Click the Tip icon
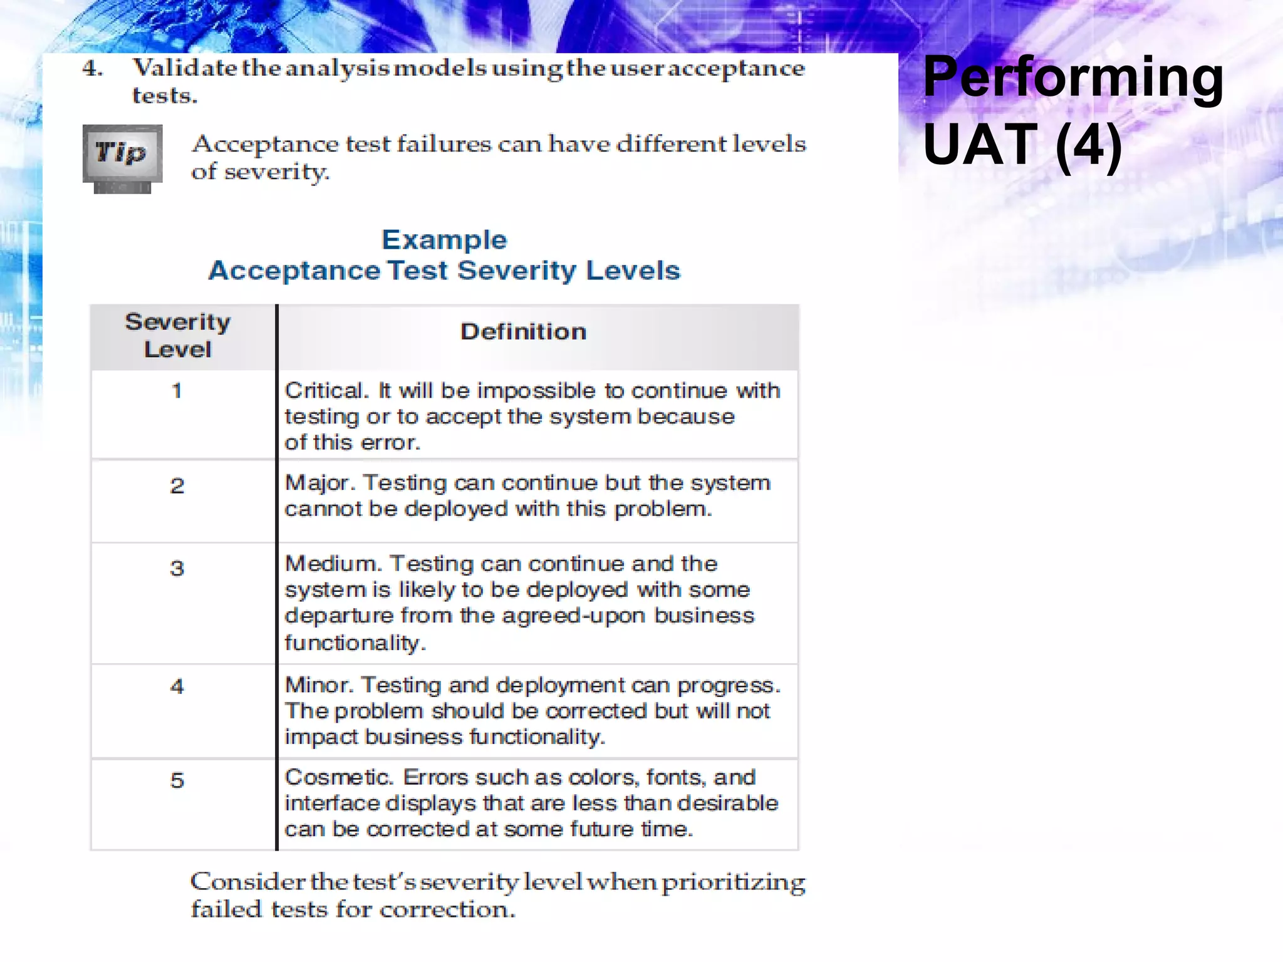(x=122, y=157)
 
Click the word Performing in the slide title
(x=1073, y=78)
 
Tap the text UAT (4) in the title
(x=1022, y=145)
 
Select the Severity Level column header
(x=178, y=336)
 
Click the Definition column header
(x=523, y=331)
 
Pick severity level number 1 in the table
(x=177, y=391)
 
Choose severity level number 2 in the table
(x=177, y=485)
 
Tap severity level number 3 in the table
(x=177, y=568)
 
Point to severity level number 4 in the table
(x=177, y=686)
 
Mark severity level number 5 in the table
(x=177, y=780)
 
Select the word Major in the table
(x=319, y=484)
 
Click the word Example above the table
(x=444, y=240)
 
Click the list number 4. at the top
(x=93, y=68)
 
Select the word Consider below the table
(x=248, y=882)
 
